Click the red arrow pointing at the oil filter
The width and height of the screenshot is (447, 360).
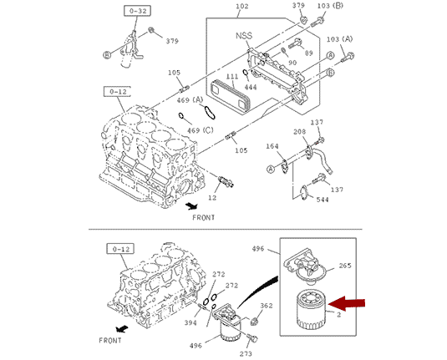[347, 303]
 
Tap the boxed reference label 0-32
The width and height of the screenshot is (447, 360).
[137, 11]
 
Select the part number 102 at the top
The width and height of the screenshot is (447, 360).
[242, 6]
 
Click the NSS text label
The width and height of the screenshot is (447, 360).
[244, 36]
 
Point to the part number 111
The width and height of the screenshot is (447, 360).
[232, 76]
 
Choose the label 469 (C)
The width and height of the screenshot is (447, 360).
[201, 130]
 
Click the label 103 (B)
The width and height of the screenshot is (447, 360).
[330, 5]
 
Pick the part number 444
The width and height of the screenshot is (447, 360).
[251, 87]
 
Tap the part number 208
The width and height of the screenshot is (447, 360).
[299, 132]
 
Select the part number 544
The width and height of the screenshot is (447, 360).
[323, 200]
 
